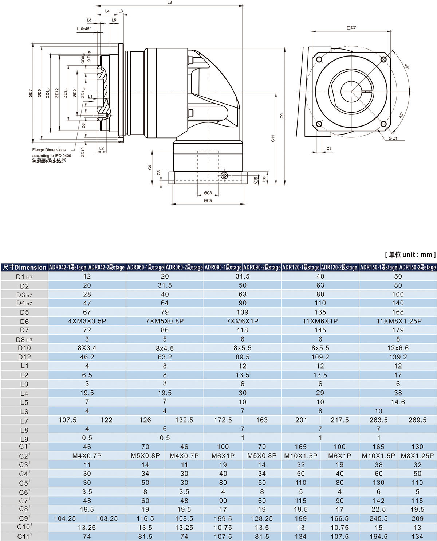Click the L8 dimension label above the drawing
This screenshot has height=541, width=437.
tap(169, 2)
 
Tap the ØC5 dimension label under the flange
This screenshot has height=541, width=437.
tap(208, 201)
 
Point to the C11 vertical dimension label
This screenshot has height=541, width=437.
tap(273, 138)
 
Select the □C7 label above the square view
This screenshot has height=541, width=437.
tap(351, 27)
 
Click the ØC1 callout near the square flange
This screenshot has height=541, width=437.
tap(393, 138)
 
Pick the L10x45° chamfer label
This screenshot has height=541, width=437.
tap(84, 28)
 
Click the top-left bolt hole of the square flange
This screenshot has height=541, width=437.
tap(319, 59)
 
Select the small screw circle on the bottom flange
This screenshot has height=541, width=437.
tap(224, 176)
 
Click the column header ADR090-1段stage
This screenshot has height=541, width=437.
tap(223, 267)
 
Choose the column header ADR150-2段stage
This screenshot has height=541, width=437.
tap(417, 267)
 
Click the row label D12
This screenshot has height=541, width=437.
tap(24, 357)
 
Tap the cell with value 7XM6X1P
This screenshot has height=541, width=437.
tap(242, 321)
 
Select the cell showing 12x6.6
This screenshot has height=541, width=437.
tap(398, 348)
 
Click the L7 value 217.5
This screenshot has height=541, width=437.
tap(339, 420)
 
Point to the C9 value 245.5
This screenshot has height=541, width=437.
tap(378, 518)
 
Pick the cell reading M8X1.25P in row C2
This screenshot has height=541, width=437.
tap(417, 456)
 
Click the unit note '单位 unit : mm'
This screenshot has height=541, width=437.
tap(410, 254)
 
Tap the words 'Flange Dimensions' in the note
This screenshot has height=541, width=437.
tap(49, 150)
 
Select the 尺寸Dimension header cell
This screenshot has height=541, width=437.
tap(24, 267)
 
